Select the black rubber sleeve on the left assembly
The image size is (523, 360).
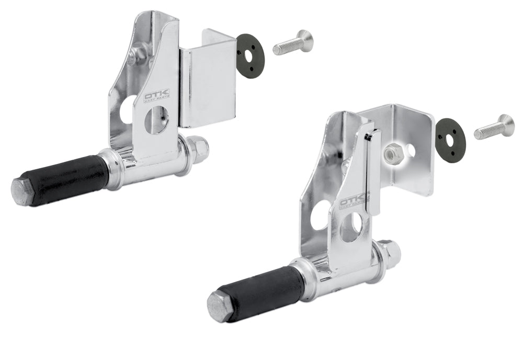[x=70, y=178]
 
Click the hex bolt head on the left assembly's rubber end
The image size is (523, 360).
[x=23, y=192]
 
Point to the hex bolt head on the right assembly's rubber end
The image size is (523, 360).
[x=219, y=306]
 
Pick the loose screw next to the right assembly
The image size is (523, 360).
[x=494, y=127]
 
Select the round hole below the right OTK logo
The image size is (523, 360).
[x=351, y=227]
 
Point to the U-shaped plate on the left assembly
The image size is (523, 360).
[x=208, y=84]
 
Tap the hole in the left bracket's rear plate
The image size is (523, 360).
[x=127, y=110]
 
